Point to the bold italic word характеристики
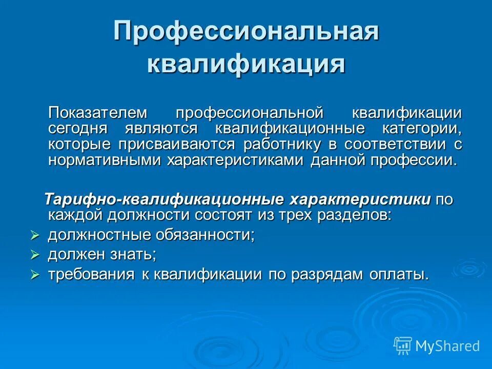point(359,199)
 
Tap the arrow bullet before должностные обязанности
point(35,236)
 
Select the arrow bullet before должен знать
point(35,255)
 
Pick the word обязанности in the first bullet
point(212,235)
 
